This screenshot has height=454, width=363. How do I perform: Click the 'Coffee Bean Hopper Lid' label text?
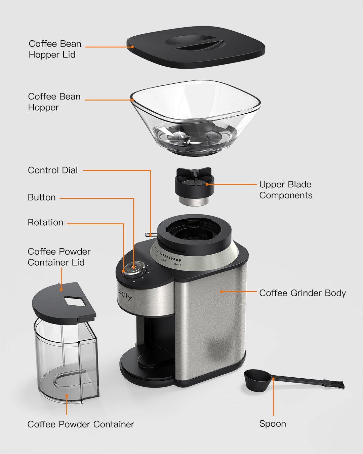coord(55,49)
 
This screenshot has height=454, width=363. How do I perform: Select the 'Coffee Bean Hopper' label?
coord(54,102)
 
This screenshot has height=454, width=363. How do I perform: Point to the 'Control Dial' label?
coord(53,170)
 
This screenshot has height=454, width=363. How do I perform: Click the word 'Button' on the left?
coord(42,197)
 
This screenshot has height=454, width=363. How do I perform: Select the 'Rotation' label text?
coord(45,222)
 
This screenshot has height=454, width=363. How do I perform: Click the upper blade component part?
coord(194,187)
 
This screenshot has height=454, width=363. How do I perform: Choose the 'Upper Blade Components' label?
coord(286,190)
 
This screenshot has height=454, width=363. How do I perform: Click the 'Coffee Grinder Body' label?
coord(302,293)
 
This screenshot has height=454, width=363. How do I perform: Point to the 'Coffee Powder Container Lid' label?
coord(59,257)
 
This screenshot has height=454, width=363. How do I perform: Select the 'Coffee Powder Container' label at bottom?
coord(81,424)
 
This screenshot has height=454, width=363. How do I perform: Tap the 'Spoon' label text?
coord(273,424)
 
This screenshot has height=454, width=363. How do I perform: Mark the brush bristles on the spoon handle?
coord(337,385)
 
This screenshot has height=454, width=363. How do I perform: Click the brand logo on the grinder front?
coord(125,295)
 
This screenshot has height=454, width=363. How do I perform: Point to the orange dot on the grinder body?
coord(221,292)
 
